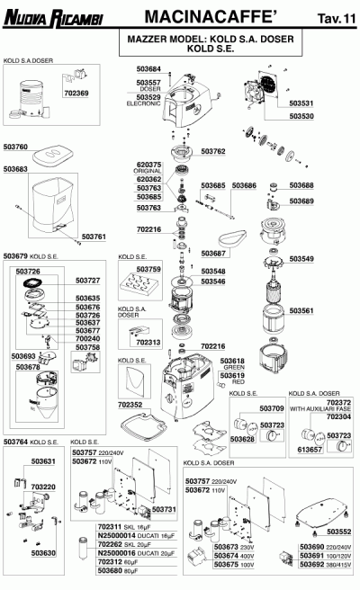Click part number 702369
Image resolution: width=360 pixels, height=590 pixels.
[x=76, y=93]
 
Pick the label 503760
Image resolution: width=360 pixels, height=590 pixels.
[x=16, y=146]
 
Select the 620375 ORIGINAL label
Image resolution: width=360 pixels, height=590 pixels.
[x=148, y=167]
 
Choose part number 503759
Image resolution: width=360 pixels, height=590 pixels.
[x=148, y=268]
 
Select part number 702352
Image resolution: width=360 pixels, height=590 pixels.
[x=131, y=406]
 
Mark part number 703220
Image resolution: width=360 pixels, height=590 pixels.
[x=43, y=487]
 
